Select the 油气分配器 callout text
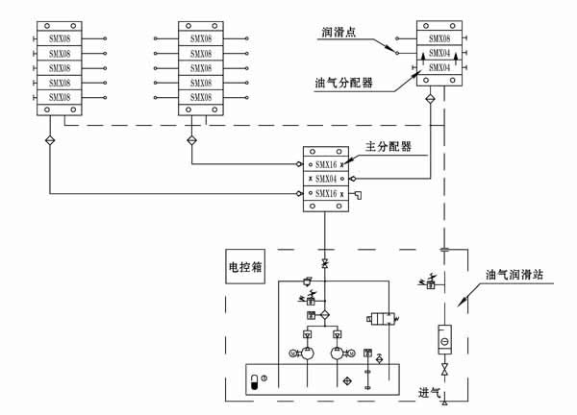click(343, 82)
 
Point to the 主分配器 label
click(389, 147)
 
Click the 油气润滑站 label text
click(513, 274)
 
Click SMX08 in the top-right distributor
click(439, 39)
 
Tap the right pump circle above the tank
click(339, 354)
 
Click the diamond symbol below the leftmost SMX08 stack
click(50, 141)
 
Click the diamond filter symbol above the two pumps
click(324, 315)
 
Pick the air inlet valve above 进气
click(444, 370)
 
